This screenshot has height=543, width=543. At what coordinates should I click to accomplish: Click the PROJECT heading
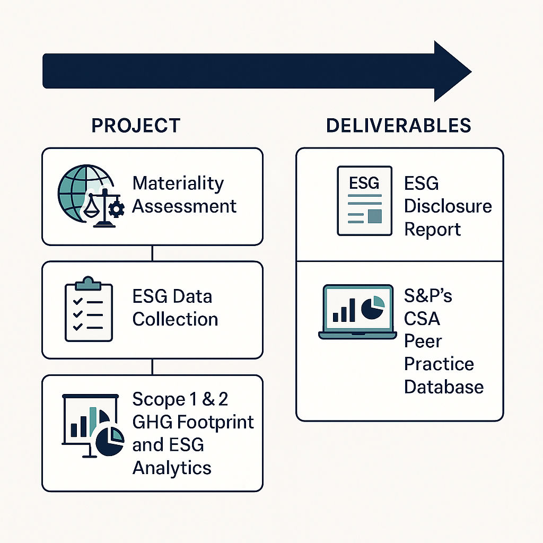tap(136, 126)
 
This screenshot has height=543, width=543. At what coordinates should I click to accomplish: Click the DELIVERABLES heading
tap(398, 126)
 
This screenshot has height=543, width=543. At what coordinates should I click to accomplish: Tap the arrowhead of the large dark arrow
tap(451, 71)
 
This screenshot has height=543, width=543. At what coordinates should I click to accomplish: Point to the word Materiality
tap(178, 183)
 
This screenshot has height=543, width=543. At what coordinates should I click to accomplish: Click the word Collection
tap(175, 319)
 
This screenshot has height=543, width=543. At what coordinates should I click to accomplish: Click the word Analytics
tap(171, 468)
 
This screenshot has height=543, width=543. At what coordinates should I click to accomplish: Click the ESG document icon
tap(365, 200)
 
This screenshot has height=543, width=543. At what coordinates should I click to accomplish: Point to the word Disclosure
tap(448, 206)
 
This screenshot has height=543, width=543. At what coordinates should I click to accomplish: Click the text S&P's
tap(428, 295)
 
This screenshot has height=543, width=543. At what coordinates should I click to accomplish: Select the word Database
tap(443, 387)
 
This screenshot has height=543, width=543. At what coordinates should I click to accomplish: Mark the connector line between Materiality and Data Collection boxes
tap(152, 253)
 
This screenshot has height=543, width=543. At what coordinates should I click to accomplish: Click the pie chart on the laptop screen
tap(372, 308)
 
